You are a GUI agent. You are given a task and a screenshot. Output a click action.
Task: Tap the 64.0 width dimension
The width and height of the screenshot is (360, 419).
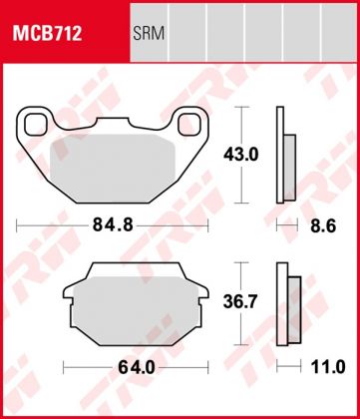[112, 366]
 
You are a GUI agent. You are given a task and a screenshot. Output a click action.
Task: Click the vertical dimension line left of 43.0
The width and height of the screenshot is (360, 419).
[238, 155]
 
